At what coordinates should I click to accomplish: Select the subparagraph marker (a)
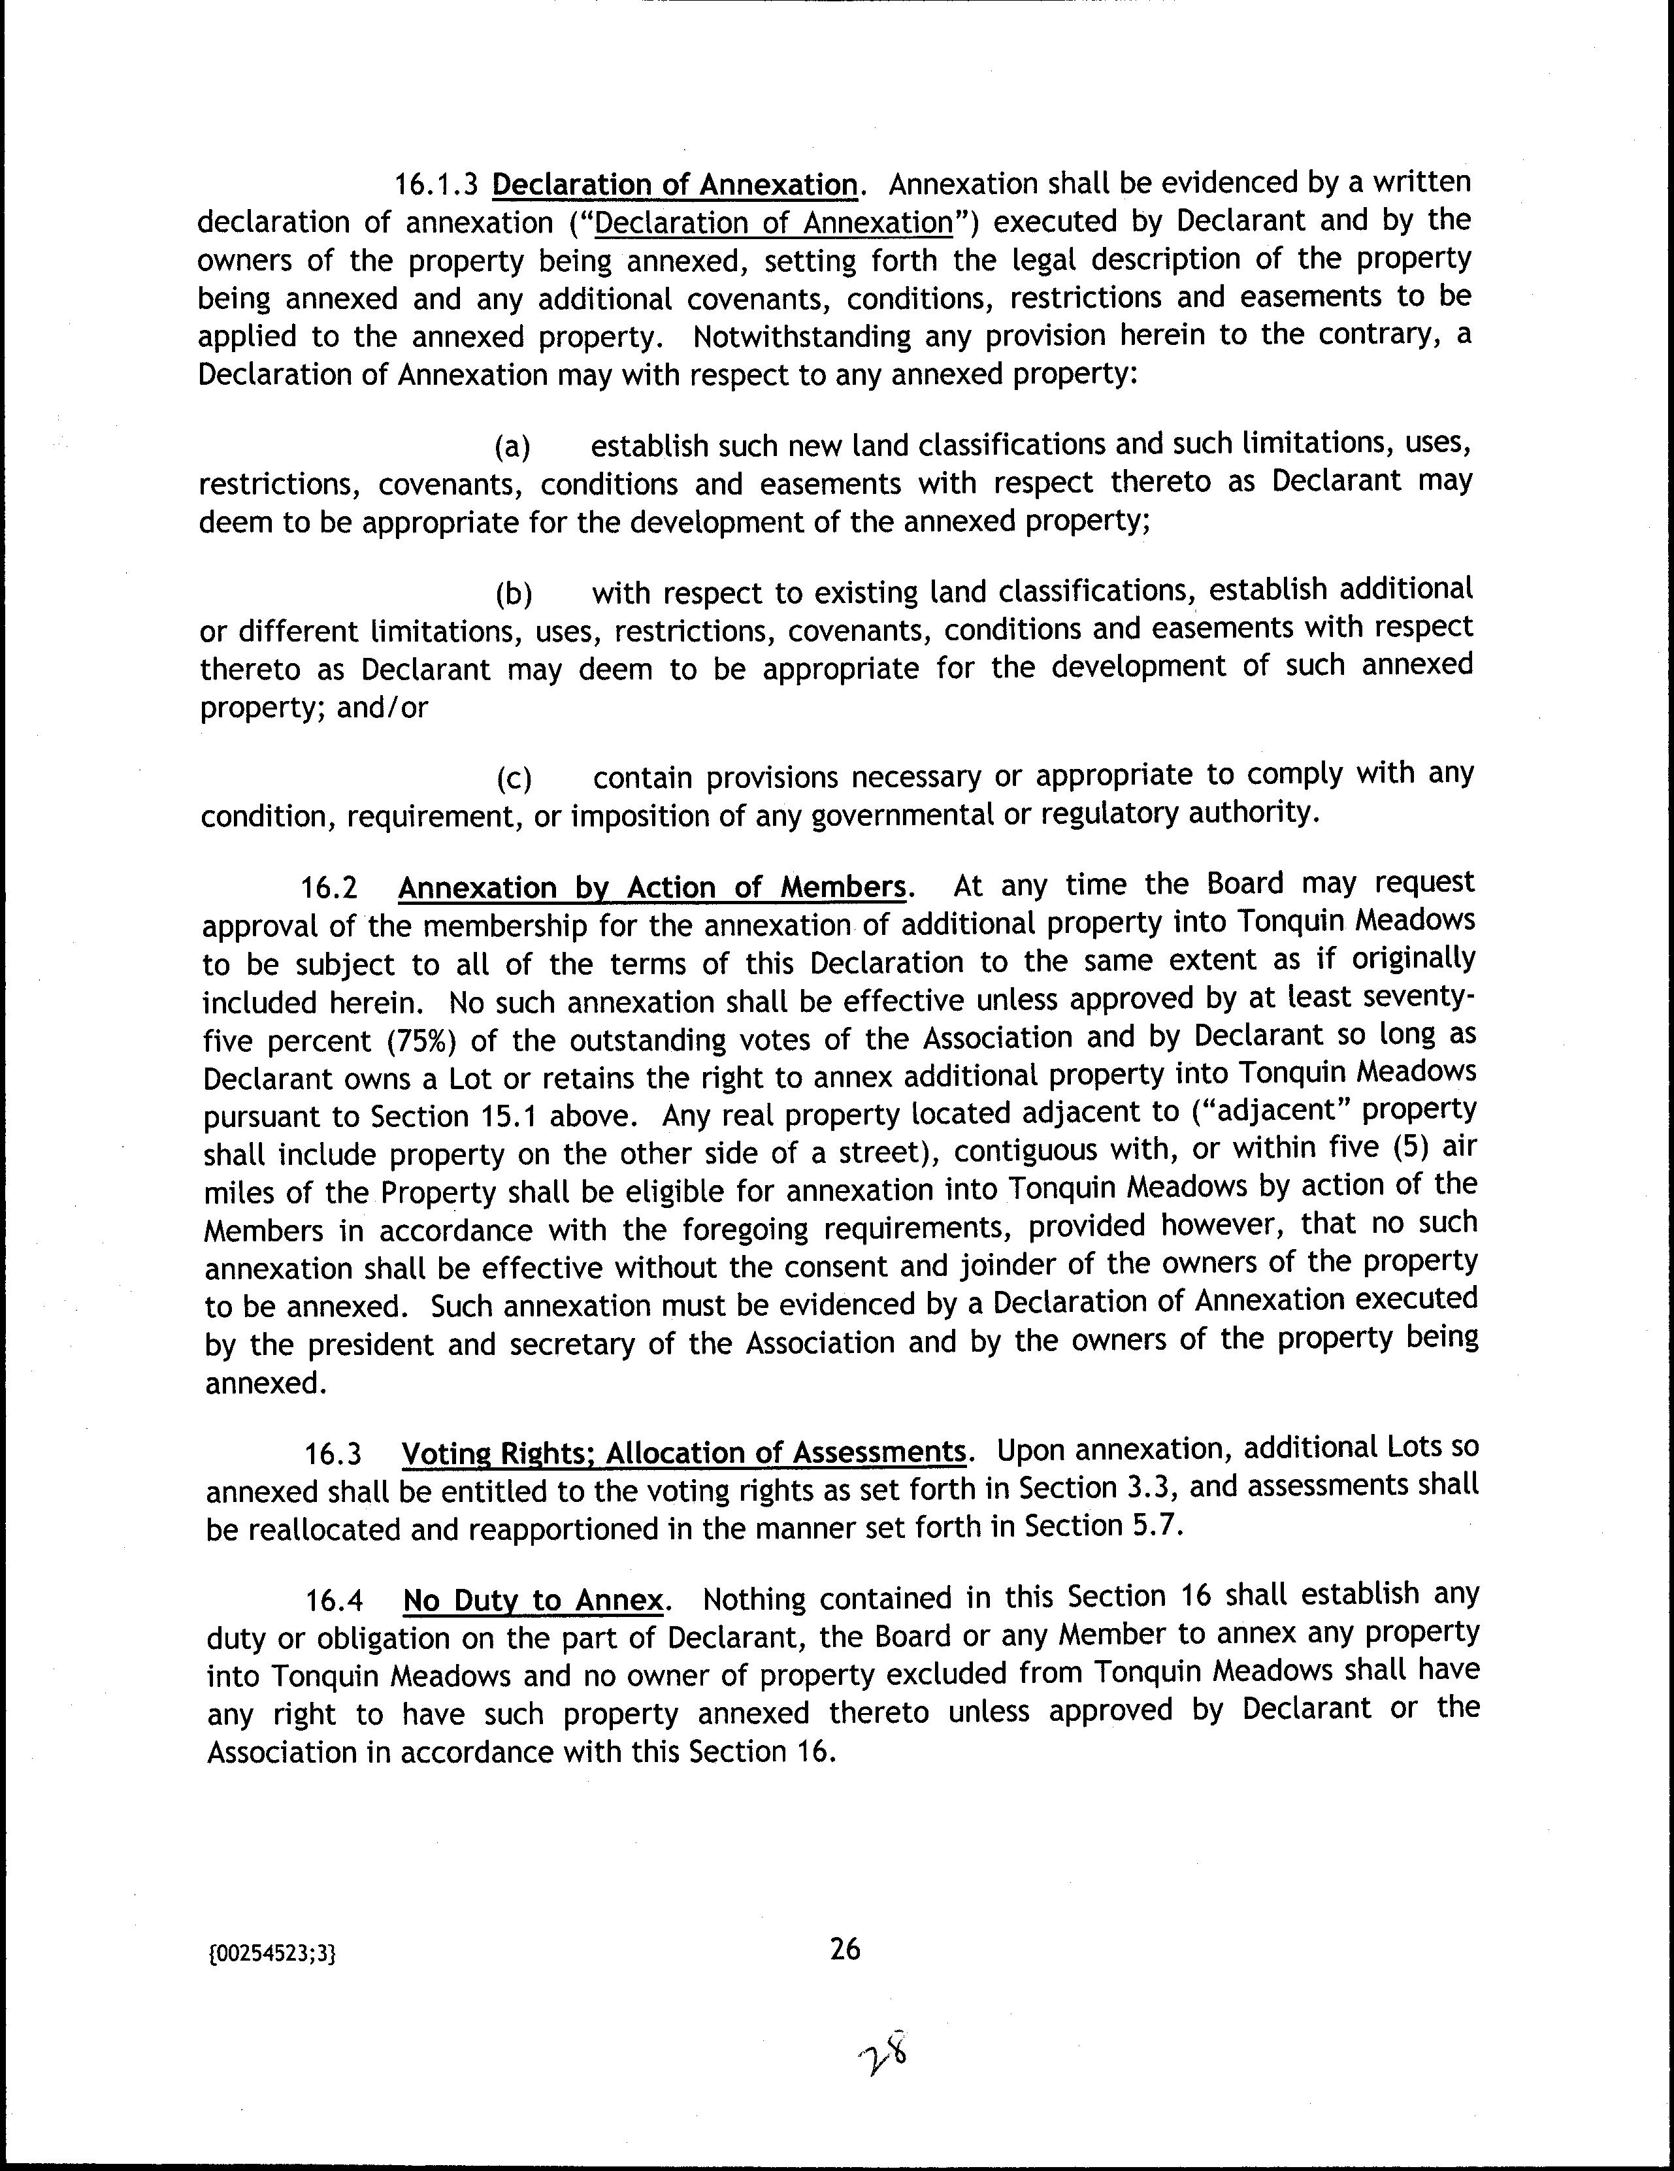[513, 448]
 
